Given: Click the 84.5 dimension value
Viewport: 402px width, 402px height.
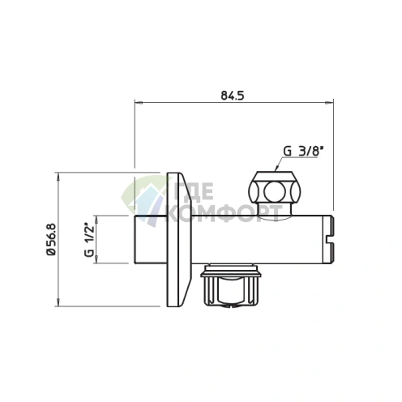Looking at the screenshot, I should pyautogui.click(x=233, y=96).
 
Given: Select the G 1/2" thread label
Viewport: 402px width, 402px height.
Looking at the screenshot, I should pyautogui.click(x=88, y=240).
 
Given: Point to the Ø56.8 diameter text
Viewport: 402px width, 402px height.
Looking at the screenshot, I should pyautogui.click(x=51, y=241).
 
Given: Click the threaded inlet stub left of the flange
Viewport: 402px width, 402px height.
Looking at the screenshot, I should pyautogui.click(x=149, y=241).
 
